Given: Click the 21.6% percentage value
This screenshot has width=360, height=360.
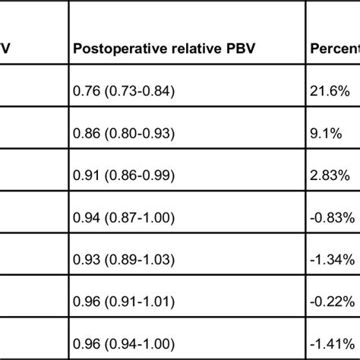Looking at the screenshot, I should pyautogui.click(x=330, y=92).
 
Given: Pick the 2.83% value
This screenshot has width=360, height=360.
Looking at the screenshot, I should pyautogui.click(x=330, y=175).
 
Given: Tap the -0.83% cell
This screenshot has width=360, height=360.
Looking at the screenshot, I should pyautogui.click(x=331, y=217).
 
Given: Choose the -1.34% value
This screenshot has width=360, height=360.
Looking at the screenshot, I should pyautogui.click(x=331, y=260).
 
